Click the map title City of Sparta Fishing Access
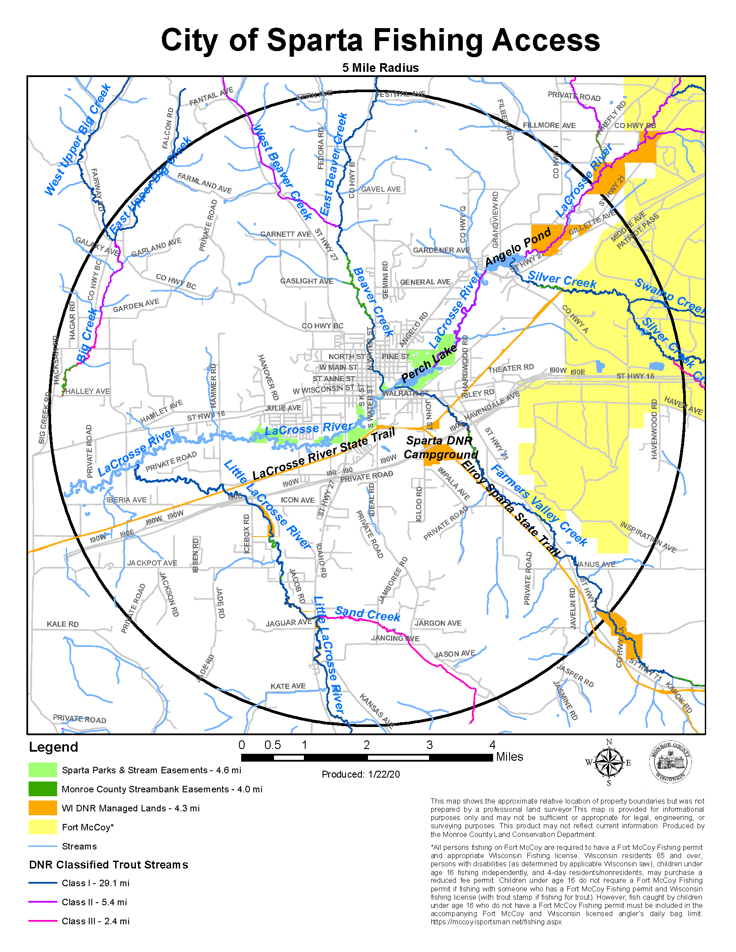pyautogui.click(x=380, y=40)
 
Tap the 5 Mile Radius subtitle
pyautogui.click(x=380, y=68)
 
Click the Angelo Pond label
pyautogui.click(x=518, y=247)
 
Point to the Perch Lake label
pyautogui.click(x=429, y=363)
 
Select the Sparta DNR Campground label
pyautogui.click(x=440, y=447)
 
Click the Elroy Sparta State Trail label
pyautogui.click(x=510, y=508)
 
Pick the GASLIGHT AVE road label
pyautogui.click(x=307, y=281)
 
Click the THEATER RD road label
pyautogui.click(x=510, y=369)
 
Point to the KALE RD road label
pyautogui.click(x=63, y=624)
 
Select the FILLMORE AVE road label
pyautogui.click(x=549, y=125)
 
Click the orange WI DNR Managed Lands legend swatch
pyautogui.click(x=43, y=808)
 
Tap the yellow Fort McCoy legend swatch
pyautogui.click(x=43, y=827)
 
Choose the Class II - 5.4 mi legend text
pyautogui.click(x=94, y=902)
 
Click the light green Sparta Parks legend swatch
pyautogui.click(x=43, y=770)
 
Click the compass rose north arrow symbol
pyautogui.click(x=609, y=762)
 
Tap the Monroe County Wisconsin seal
pyautogui.click(x=670, y=762)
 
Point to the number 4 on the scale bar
pyautogui.click(x=492, y=745)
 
